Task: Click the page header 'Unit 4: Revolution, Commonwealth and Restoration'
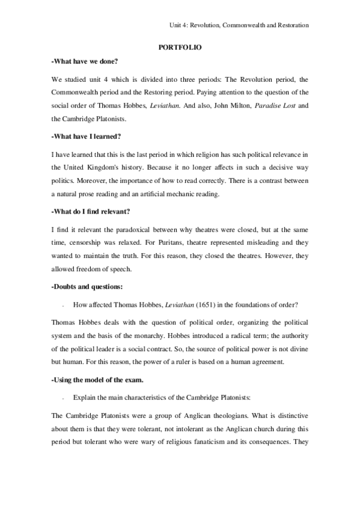tap(239, 25)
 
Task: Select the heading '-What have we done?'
tap(85, 62)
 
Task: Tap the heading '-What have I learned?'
tap(87, 136)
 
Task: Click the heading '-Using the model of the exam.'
tap(96, 379)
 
